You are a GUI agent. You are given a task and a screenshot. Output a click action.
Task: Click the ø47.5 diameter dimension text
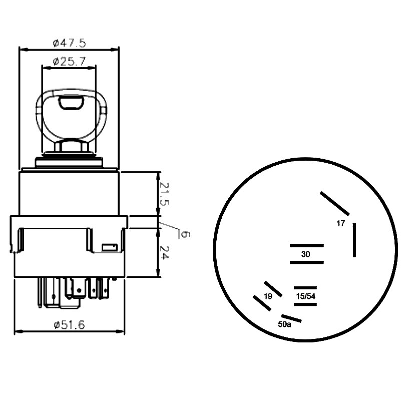click(x=69, y=43)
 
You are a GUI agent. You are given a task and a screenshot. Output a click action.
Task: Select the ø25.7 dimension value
click(x=70, y=62)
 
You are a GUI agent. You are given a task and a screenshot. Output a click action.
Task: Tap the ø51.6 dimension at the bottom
click(x=69, y=325)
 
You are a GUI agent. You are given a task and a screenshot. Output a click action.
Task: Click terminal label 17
click(x=340, y=224)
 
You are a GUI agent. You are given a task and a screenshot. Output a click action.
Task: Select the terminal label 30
click(x=306, y=254)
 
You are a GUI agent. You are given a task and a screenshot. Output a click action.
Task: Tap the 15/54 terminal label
click(x=305, y=296)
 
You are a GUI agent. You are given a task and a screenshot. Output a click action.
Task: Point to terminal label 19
click(x=268, y=296)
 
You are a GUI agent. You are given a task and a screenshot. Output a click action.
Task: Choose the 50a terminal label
click(x=284, y=324)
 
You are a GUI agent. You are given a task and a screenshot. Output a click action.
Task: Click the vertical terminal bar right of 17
click(x=354, y=240)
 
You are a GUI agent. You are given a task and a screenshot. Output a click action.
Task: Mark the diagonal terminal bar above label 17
click(x=335, y=203)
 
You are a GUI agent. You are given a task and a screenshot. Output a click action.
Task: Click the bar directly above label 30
click(x=306, y=246)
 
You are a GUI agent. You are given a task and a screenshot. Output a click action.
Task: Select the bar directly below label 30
click(x=306, y=262)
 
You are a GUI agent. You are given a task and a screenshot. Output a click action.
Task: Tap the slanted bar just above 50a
click(x=291, y=318)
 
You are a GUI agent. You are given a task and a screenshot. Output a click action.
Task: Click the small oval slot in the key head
click(x=70, y=104)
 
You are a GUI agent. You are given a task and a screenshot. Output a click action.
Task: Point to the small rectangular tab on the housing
click(x=109, y=247)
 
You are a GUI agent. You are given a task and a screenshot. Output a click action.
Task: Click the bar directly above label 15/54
click(x=305, y=288)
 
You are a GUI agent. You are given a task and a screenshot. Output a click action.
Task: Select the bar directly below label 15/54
click(x=305, y=304)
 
